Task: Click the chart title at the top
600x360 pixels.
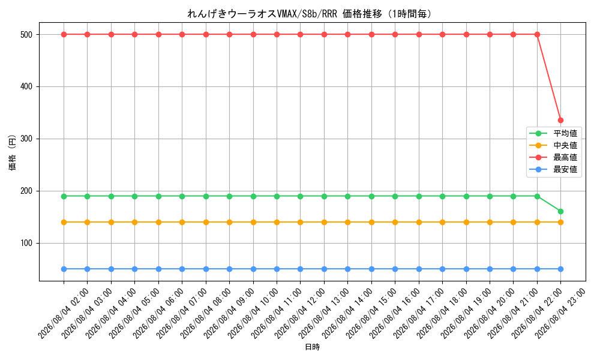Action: pos(310,14)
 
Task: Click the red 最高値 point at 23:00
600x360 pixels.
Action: pos(560,121)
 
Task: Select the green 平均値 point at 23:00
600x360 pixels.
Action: pos(560,212)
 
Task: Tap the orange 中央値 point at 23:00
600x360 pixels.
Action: pos(560,222)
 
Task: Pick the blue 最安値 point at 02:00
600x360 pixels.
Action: pos(64,269)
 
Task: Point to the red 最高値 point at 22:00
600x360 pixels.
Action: pos(537,34)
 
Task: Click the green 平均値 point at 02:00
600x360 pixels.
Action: pos(64,196)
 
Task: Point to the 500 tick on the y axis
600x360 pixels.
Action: pos(26,34)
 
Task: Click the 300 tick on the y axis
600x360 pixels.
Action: pos(26,139)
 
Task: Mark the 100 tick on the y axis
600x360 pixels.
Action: pos(26,244)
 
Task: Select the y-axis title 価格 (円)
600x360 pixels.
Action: pos(12,152)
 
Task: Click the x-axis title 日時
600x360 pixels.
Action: pos(312,347)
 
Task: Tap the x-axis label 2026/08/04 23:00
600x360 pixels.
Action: pos(560,314)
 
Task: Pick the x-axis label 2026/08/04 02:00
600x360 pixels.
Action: pos(64,314)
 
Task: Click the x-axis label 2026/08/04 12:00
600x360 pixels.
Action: pos(299,314)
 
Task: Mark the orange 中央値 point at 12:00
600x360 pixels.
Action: pos(301,222)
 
